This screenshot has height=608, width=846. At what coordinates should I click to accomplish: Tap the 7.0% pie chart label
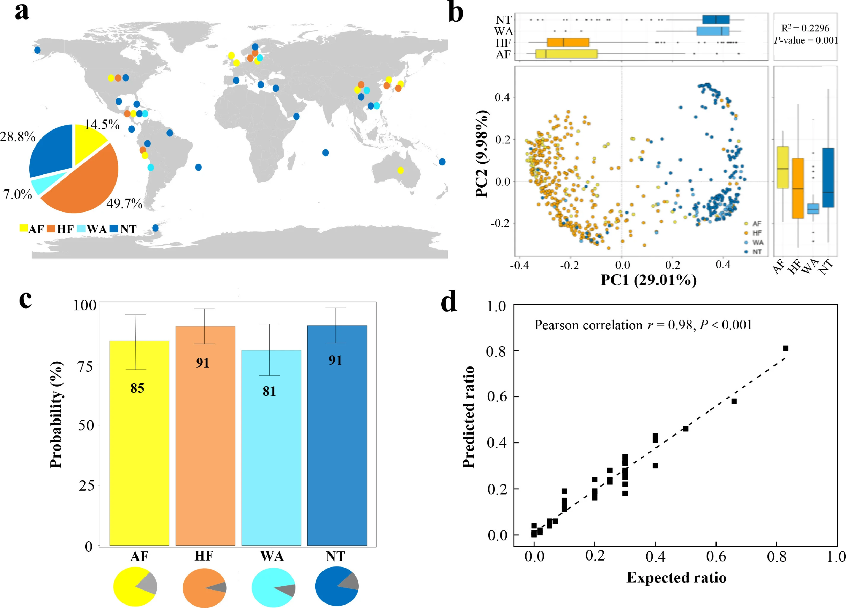tap(18, 194)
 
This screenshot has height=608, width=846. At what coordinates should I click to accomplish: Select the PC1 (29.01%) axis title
tap(648, 280)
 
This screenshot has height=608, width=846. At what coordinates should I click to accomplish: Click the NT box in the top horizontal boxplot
tap(716, 20)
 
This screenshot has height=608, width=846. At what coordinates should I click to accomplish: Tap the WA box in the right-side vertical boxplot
tap(813, 209)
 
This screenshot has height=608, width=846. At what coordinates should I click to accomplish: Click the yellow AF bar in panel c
tap(139, 443)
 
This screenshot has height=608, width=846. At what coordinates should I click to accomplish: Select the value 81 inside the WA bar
tap(269, 391)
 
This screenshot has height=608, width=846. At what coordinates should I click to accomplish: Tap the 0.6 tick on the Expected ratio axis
tap(716, 556)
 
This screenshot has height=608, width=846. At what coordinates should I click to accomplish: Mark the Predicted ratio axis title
tap(468, 417)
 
